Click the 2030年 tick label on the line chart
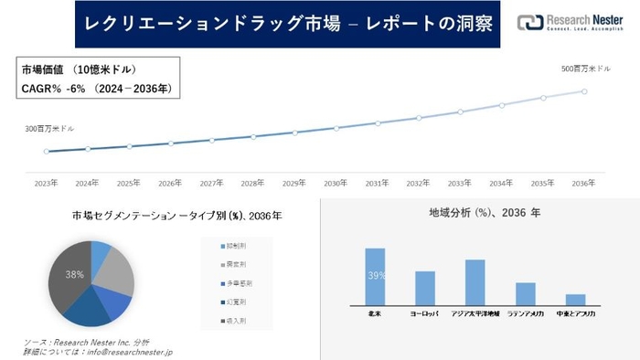point(336,183)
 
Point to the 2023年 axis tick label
point(47,183)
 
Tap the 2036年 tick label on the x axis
point(583,183)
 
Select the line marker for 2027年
point(211,140)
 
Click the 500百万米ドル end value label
point(585,69)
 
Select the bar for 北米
point(375,276)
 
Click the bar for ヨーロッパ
point(425,288)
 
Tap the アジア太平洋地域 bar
point(475,281)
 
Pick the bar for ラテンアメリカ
point(525,293)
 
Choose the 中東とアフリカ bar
point(575,299)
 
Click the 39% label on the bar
point(375,275)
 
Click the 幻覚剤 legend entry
point(236,302)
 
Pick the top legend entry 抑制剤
point(236,247)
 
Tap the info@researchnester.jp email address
point(133,351)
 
